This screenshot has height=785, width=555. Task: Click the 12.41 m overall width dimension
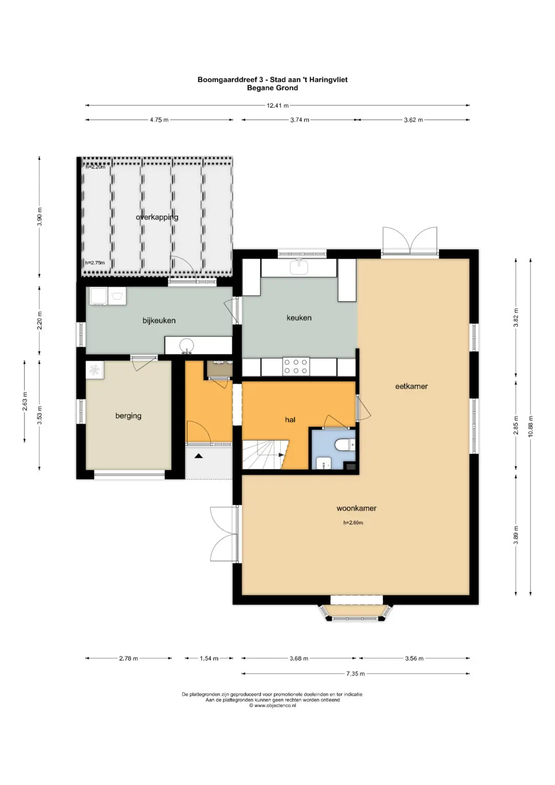click(x=277, y=105)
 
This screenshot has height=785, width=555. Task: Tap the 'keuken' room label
click(x=299, y=318)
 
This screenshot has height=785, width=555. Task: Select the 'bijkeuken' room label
click(x=159, y=320)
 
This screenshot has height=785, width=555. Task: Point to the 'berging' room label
click(x=128, y=416)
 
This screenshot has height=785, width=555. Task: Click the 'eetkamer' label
click(x=411, y=386)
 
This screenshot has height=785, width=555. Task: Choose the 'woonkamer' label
click(x=356, y=508)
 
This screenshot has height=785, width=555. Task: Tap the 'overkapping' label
click(x=157, y=217)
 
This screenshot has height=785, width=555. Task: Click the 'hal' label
click(x=290, y=419)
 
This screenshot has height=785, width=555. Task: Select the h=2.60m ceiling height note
click(x=353, y=523)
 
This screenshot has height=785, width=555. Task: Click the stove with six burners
click(x=296, y=366)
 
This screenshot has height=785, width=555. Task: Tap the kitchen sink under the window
click(x=299, y=267)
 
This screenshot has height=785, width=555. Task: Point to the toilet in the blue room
click(x=345, y=445)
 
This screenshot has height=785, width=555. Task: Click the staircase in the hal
click(x=265, y=454)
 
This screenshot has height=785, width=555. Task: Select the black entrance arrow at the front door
click(x=199, y=456)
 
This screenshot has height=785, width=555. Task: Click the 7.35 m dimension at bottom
click(x=355, y=673)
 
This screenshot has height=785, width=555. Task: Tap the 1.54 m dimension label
click(x=209, y=659)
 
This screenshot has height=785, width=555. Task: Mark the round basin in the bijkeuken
click(x=187, y=345)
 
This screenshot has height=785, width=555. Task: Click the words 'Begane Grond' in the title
click(x=272, y=88)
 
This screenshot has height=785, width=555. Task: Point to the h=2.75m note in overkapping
click(x=95, y=263)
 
